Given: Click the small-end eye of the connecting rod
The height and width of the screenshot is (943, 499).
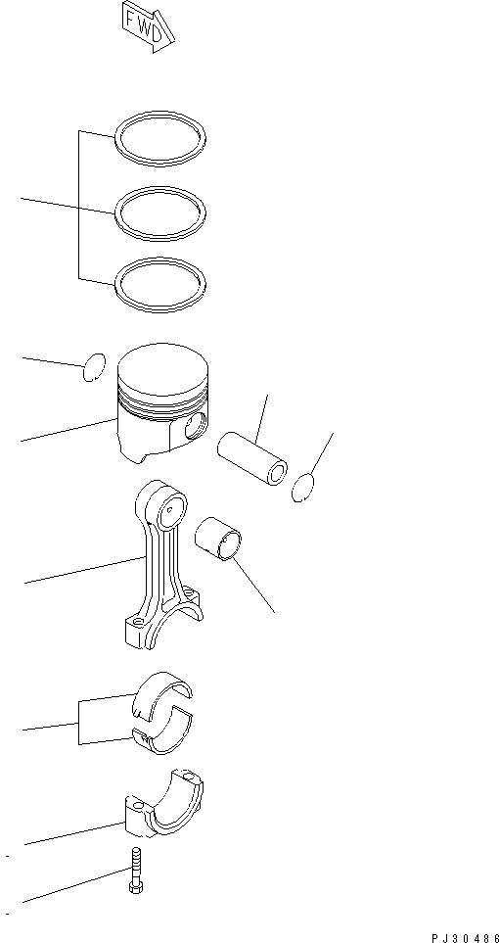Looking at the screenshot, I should pos(171,508).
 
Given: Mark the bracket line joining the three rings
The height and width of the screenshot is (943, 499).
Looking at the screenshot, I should pos(79,206).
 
